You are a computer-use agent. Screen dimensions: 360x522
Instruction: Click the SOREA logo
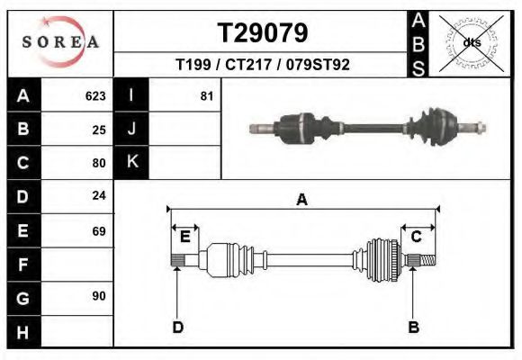point(61,42)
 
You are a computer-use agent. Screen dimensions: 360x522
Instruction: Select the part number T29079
point(263,33)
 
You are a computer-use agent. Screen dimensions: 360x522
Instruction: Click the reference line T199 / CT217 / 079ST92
point(263,65)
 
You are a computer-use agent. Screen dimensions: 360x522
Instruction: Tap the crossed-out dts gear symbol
point(472,42)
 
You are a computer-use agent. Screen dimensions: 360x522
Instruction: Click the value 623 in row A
point(95,95)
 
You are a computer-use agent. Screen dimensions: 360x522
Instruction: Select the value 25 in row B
point(99,130)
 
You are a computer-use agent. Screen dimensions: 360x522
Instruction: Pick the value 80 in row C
point(99,163)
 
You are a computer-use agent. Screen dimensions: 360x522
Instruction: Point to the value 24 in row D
point(99,195)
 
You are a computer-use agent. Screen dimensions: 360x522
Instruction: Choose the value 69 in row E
point(99,230)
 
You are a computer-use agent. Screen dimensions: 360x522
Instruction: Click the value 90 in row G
point(99,296)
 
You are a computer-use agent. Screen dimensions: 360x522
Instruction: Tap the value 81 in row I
point(207,95)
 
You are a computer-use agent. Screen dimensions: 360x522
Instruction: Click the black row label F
point(22,265)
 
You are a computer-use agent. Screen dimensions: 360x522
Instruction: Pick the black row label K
point(131,163)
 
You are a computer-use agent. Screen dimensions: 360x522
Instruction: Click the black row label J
point(131,130)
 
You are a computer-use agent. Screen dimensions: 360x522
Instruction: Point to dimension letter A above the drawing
point(301,200)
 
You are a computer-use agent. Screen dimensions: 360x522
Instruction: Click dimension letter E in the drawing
point(184,237)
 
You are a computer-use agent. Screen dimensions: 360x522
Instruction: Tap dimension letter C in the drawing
point(417,237)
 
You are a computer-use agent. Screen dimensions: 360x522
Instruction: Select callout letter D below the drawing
point(177,327)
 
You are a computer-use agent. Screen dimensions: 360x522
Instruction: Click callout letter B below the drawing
point(413,327)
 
